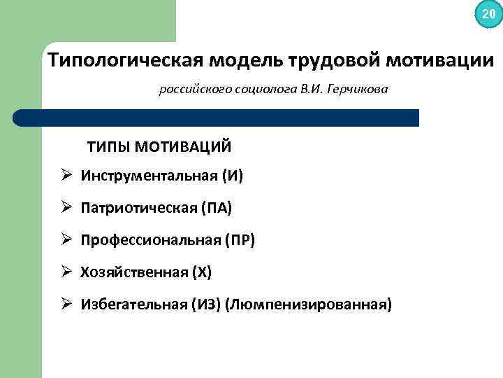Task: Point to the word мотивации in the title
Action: click(438, 60)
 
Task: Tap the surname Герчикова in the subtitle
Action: click(353, 90)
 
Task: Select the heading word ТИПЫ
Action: click(108, 147)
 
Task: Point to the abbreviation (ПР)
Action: click(240, 240)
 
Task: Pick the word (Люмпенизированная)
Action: click(309, 304)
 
